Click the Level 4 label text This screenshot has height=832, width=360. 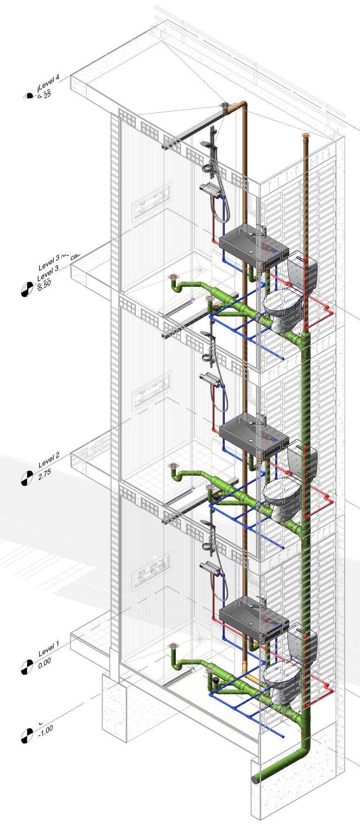(49, 84)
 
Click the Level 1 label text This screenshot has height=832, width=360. (49, 650)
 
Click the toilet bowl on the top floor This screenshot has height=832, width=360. (281, 309)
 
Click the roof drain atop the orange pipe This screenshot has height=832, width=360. (225, 106)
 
